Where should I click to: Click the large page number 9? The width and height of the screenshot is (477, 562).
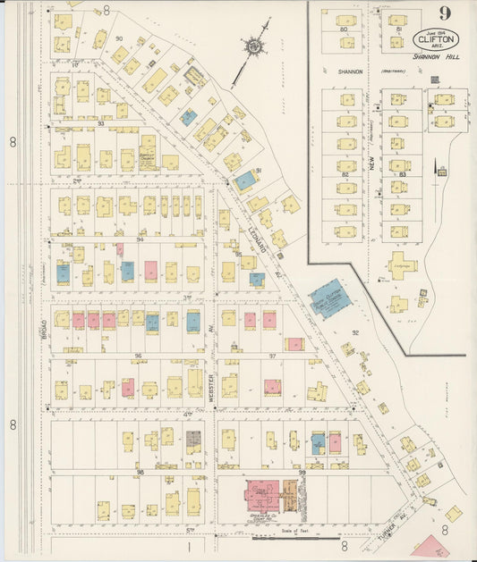click(444, 13)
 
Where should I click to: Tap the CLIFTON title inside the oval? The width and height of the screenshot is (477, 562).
click(436, 38)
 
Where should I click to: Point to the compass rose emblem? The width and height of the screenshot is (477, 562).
click(253, 45)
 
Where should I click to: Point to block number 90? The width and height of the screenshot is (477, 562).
click(118, 38)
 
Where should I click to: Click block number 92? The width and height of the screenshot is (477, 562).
click(354, 333)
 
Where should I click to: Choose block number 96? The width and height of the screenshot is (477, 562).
click(138, 356)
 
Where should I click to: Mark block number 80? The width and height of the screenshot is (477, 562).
click(344, 29)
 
